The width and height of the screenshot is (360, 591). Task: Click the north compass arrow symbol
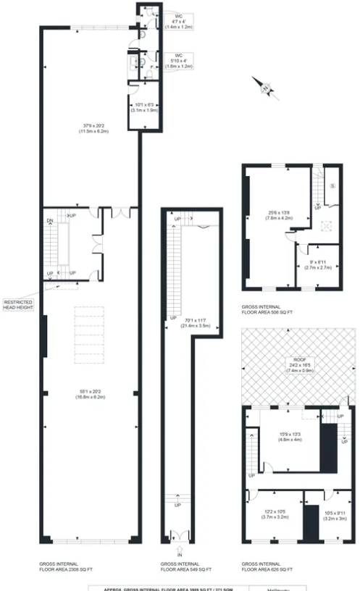266,88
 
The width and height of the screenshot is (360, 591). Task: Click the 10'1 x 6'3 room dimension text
141,108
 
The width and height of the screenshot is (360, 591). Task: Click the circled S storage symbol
332,186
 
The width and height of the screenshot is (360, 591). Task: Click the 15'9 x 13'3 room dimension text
289,437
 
